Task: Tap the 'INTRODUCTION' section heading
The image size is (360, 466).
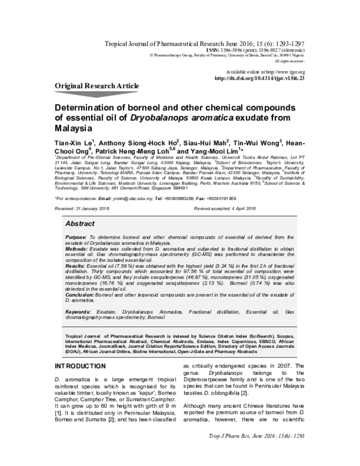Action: click(81, 366)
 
